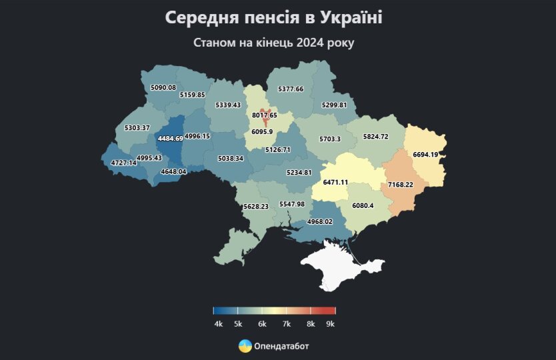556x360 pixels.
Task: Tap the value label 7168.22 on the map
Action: pyautogui.click(x=401, y=184)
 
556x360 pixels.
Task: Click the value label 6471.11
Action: pyautogui.click(x=335, y=182)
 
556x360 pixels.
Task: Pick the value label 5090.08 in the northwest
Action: pyautogui.click(x=163, y=87)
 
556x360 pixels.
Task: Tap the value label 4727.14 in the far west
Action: pyautogui.click(x=119, y=163)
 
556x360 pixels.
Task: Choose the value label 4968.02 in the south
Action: pyautogui.click(x=319, y=221)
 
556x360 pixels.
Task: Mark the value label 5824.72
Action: pyautogui.click(x=375, y=136)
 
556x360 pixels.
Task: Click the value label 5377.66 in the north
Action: pyautogui.click(x=291, y=89)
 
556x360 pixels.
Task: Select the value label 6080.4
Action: pyautogui.click(x=363, y=205)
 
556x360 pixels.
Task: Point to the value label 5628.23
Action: pyautogui.click(x=257, y=207)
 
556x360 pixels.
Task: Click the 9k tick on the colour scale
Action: pyautogui.click(x=331, y=324)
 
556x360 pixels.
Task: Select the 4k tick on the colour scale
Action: pyautogui.click(x=218, y=324)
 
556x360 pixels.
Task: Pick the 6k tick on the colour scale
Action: pyautogui.click(x=262, y=324)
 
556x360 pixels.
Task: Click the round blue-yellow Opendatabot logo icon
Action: pyautogui.click(x=245, y=346)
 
